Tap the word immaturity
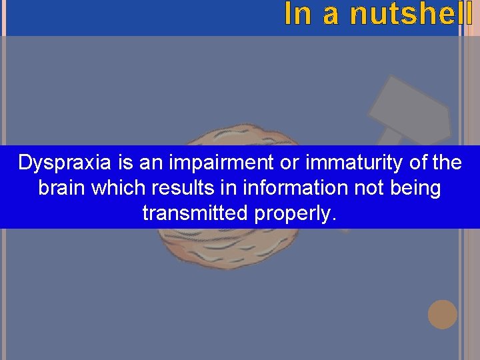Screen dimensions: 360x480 click(x=322, y=163)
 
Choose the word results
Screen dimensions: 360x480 click(x=179, y=189)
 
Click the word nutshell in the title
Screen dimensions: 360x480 click(x=410, y=14)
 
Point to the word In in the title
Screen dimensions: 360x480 click(x=297, y=14)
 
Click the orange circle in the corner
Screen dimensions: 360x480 click(x=443, y=314)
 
